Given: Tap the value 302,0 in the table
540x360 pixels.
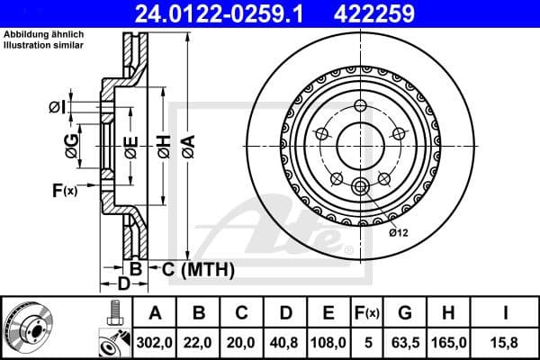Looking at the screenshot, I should click(156, 342).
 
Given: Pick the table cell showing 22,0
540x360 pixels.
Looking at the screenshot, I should click(200, 342).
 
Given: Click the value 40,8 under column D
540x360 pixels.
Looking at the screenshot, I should click(285, 342).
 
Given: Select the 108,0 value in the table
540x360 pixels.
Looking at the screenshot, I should click(328, 342).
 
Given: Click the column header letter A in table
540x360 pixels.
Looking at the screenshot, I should click(156, 313).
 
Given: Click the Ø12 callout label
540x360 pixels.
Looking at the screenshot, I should click(399, 232).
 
